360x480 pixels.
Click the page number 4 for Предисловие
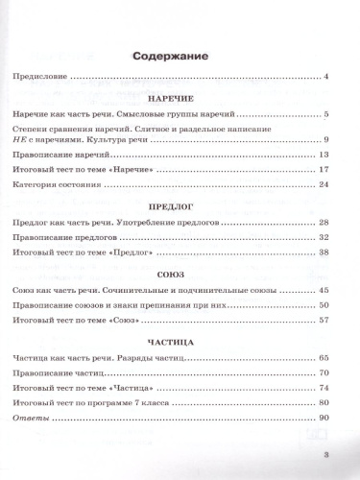coord(326,76)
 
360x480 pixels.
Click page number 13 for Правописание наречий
coord(324,154)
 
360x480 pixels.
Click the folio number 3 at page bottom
coord(326,455)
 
